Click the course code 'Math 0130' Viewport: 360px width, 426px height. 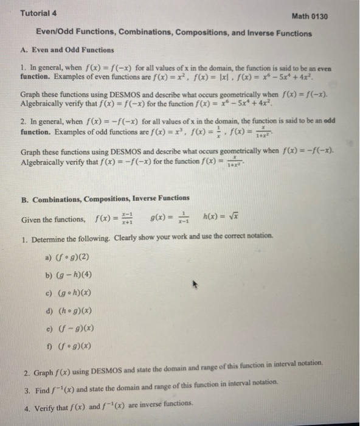[x=310, y=16]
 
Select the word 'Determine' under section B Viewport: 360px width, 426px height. [x=51, y=238]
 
